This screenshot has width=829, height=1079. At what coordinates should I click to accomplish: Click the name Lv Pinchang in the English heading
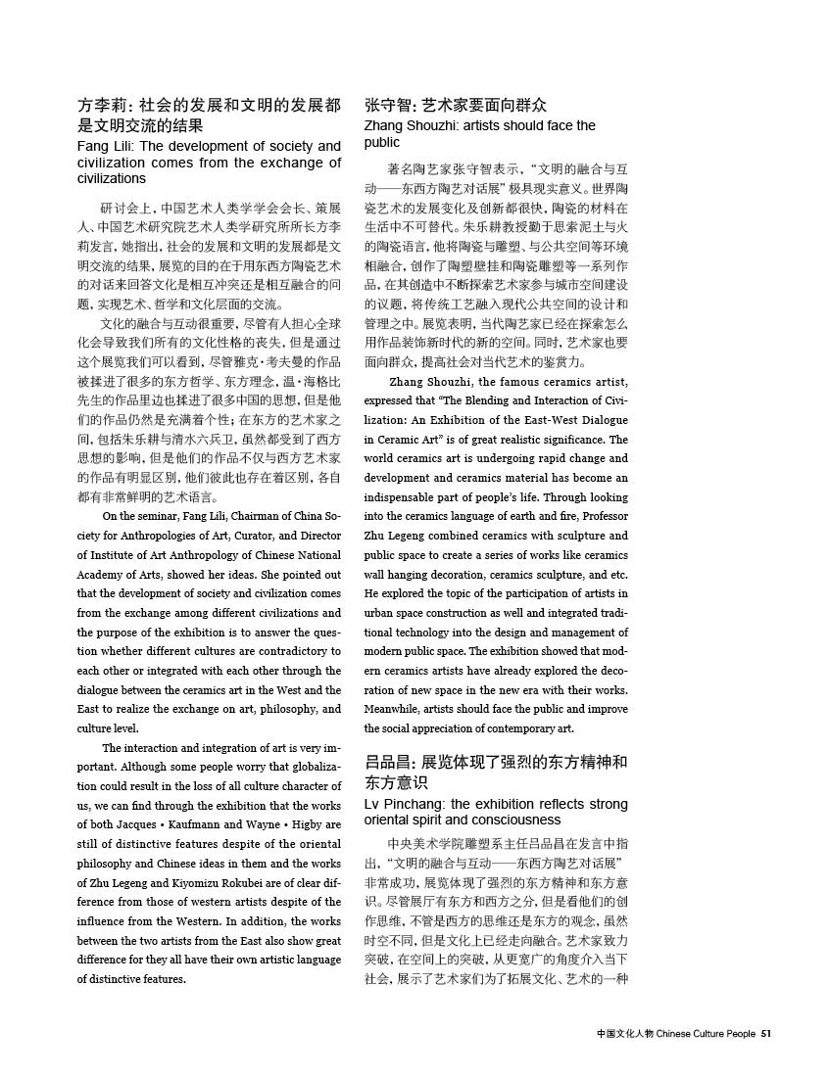402,804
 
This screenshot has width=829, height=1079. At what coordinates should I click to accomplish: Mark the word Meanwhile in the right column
396,708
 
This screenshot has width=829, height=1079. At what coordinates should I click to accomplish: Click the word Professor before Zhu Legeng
600,516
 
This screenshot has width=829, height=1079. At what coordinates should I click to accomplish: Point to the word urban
379,612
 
